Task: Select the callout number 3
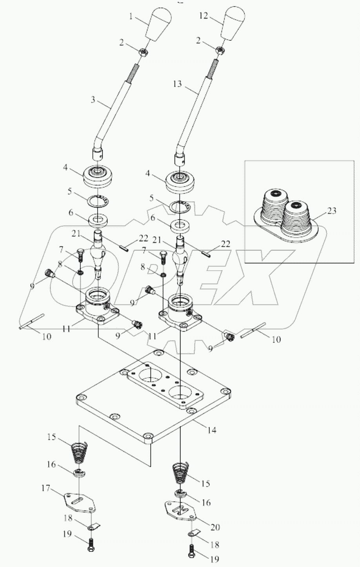[x=93, y=100]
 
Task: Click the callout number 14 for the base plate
[x=211, y=430]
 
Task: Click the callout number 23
[x=331, y=211]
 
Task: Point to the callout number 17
[x=46, y=489]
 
